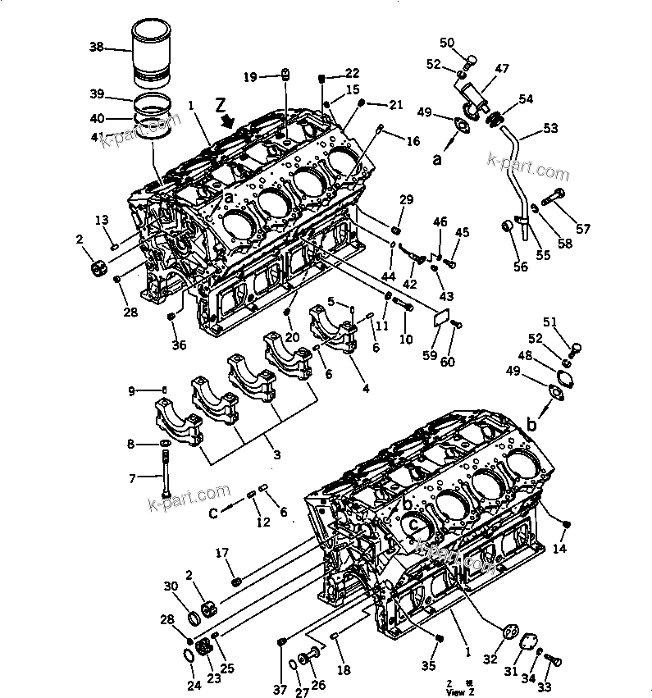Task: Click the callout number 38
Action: point(97,48)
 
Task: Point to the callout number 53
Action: point(549,128)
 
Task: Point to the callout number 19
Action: point(249,77)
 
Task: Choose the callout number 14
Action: point(560,547)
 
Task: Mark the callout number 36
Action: point(180,344)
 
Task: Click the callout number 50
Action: point(446,43)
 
